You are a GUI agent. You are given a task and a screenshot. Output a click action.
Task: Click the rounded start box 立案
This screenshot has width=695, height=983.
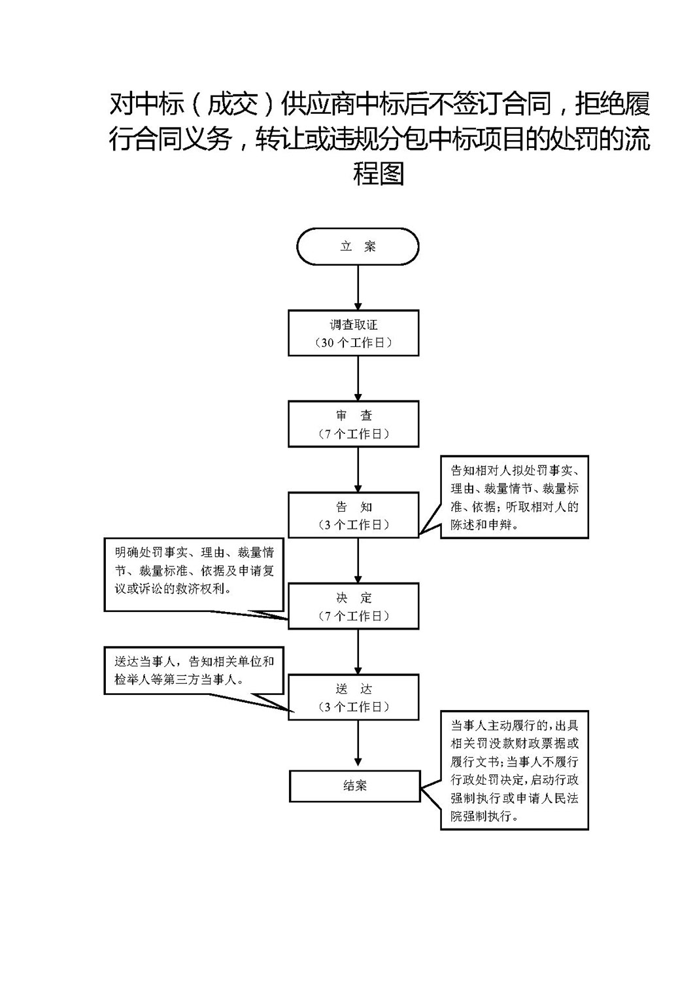[x=358, y=246]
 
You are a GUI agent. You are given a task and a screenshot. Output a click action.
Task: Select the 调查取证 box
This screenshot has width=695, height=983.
[x=354, y=333]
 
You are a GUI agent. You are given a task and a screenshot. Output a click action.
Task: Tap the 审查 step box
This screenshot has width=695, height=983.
[x=354, y=424]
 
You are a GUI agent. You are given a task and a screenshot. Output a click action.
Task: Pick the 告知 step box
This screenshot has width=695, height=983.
[x=354, y=515]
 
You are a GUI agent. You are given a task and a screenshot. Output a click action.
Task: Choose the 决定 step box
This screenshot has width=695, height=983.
[x=354, y=606]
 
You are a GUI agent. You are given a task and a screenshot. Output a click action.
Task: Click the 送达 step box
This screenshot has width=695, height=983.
[x=354, y=697]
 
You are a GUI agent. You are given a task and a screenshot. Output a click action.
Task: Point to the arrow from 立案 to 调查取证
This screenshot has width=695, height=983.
[x=358, y=287]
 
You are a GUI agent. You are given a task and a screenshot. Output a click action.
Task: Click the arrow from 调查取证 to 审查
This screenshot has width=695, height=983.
[x=358, y=378]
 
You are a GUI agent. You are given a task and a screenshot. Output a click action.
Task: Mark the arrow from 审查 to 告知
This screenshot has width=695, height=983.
[x=358, y=469]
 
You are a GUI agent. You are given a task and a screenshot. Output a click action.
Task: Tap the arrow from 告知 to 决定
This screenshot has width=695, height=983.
[x=358, y=560]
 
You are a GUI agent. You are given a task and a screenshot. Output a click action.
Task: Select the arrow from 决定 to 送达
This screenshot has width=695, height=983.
[x=358, y=652]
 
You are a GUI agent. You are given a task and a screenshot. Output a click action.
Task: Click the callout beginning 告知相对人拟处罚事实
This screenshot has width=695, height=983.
[x=515, y=497]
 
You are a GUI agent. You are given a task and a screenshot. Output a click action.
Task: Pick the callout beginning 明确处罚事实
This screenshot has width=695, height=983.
[x=194, y=575]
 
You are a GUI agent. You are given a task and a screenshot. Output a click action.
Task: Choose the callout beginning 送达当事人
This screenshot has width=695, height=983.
[x=194, y=670]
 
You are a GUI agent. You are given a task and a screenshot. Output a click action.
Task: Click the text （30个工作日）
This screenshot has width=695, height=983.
[x=354, y=343]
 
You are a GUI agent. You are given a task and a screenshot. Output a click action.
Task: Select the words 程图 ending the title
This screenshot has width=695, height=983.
[x=379, y=173]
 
